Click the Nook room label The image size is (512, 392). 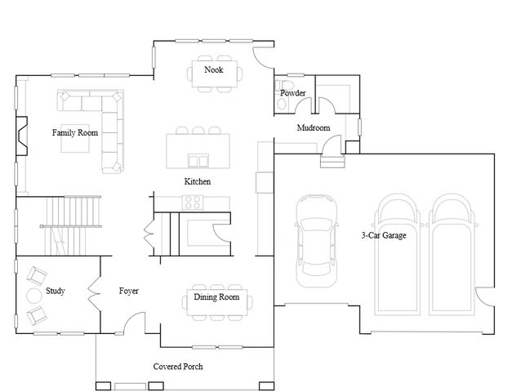pyautogui.click(x=214, y=70)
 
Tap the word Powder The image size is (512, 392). pyautogui.click(x=292, y=93)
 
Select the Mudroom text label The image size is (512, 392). pyautogui.click(x=313, y=128)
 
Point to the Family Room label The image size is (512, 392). pyautogui.click(x=75, y=132)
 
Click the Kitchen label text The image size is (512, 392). pyautogui.click(x=198, y=181)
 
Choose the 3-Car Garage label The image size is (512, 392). pyautogui.click(x=384, y=235)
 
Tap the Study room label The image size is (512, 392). pyautogui.click(x=56, y=291)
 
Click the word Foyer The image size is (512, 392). pyautogui.click(x=128, y=291)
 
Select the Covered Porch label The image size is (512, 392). pyautogui.click(x=178, y=367)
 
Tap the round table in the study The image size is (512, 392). pyautogui.click(x=35, y=295)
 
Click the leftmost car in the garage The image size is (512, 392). pyautogui.click(x=314, y=241)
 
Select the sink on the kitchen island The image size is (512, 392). pyautogui.click(x=197, y=158)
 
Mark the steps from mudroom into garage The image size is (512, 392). pyautogui.click(x=332, y=160)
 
